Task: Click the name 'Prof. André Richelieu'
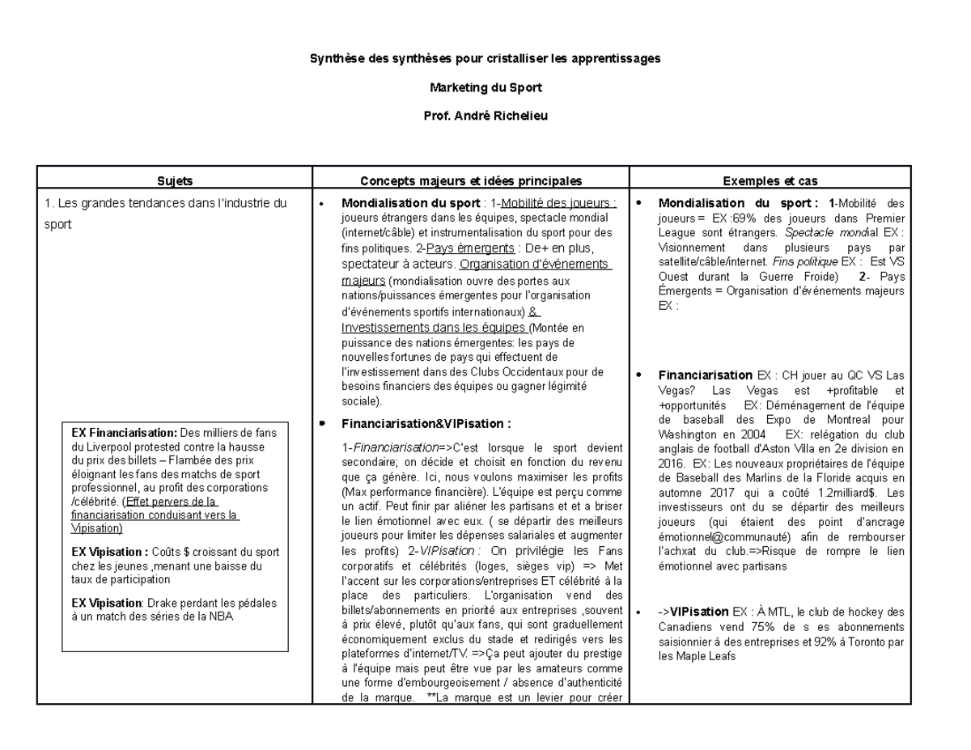[485, 117]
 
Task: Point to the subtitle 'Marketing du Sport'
[485, 87]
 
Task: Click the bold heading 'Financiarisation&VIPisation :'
[426, 423]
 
